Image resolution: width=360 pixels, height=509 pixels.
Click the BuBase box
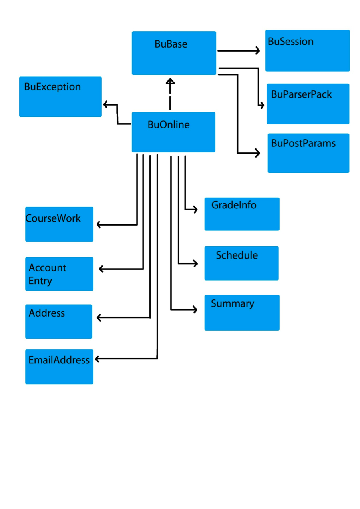coord(173,53)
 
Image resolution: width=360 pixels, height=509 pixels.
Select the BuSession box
coord(307,51)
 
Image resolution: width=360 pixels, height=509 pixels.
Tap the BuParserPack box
coord(308,104)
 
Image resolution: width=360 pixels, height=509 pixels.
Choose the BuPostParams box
coord(308,153)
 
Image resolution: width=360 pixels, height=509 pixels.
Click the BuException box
coord(60,96)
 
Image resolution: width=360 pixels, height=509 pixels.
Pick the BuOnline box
coord(173,132)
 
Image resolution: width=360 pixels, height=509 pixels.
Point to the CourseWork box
coord(59,224)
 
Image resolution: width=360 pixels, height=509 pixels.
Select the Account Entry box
coord(59,274)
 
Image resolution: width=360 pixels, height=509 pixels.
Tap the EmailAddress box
coord(59,367)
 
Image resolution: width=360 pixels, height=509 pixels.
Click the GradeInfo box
coord(241,214)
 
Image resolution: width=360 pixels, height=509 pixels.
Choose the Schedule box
coord(241,263)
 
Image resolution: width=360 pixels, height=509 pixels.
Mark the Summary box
coord(241,313)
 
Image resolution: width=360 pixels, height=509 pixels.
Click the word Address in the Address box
coord(46,313)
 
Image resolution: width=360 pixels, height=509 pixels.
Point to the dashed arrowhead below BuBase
coord(171,81)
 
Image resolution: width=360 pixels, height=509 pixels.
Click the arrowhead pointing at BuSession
coord(257,51)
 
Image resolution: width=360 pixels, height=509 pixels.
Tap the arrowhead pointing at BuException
coord(105,105)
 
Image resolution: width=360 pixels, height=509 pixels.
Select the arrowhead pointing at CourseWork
coord(99,225)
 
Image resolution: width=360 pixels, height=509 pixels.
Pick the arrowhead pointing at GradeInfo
coord(196,209)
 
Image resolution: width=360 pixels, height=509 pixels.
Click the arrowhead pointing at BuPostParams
coord(258,153)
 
